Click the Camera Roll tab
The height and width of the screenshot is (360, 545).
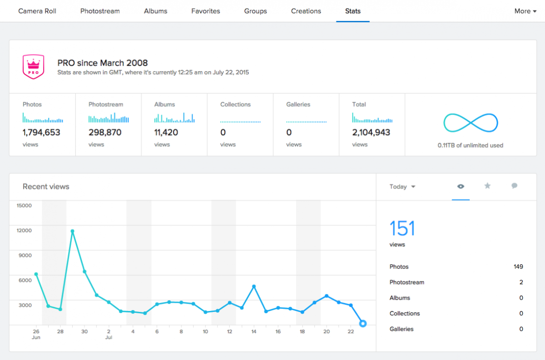coord(37,11)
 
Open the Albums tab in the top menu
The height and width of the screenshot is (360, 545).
coord(155,11)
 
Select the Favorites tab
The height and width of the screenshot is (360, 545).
coord(206,11)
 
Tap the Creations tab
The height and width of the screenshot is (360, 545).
coord(306,11)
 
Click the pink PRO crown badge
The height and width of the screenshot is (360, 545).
coord(33,67)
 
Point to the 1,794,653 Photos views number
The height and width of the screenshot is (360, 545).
coord(41,133)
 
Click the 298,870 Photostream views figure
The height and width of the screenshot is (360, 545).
coord(106,133)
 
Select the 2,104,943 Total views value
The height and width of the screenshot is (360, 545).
coord(371,133)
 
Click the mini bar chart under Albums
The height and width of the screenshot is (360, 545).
coord(174,118)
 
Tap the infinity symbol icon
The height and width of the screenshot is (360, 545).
coord(471,123)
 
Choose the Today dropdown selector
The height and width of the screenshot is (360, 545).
coord(402,187)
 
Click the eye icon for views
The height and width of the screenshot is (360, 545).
coord(461,186)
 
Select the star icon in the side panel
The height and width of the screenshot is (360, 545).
coord(487,186)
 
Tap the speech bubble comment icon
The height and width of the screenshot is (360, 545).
coord(514,186)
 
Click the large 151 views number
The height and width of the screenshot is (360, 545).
coord(402,228)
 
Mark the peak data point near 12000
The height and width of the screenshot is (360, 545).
coord(72,231)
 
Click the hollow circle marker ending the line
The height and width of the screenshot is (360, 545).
coord(363,323)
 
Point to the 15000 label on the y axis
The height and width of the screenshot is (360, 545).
coord(24,205)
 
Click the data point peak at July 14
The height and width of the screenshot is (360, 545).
coord(254,286)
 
